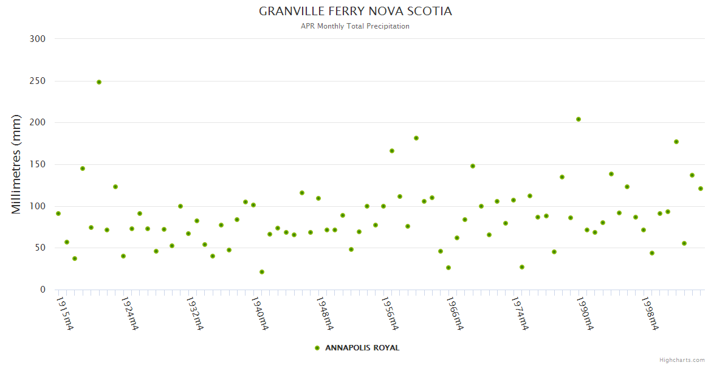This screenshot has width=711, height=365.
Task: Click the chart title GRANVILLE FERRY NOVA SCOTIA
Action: [x=355, y=12]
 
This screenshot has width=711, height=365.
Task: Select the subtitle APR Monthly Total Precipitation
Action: [x=355, y=26]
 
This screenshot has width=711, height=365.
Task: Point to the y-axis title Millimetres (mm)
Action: [x=16, y=164]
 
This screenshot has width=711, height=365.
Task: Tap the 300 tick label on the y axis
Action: [x=38, y=39]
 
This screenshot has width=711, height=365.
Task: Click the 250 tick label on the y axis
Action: [x=38, y=81]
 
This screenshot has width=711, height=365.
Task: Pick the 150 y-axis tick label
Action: [x=38, y=164]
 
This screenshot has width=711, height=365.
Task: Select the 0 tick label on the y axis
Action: [x=43, y=290]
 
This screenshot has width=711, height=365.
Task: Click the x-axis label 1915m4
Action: [x=64, y=313]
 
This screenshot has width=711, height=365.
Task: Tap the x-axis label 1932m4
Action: [x=194, y=313]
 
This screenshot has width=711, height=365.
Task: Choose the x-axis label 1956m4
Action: [x=389, y=313]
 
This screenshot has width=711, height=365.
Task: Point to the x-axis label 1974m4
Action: [x=519, y=313]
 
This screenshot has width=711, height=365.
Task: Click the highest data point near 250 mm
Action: [x=99, y=82]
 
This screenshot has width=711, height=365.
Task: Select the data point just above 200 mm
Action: [x=579, y=119]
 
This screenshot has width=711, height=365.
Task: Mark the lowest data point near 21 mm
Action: [x=262, y=272]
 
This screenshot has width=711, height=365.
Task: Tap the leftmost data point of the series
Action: [x=58, y=214]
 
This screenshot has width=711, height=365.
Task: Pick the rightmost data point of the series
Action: [x=701, y=189]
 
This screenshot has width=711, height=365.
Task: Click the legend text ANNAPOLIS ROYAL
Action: [x=362, y=348]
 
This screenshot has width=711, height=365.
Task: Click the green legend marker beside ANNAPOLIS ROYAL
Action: [x=317, y=348]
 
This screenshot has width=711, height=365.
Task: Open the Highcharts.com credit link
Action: [x=682, y=360]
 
